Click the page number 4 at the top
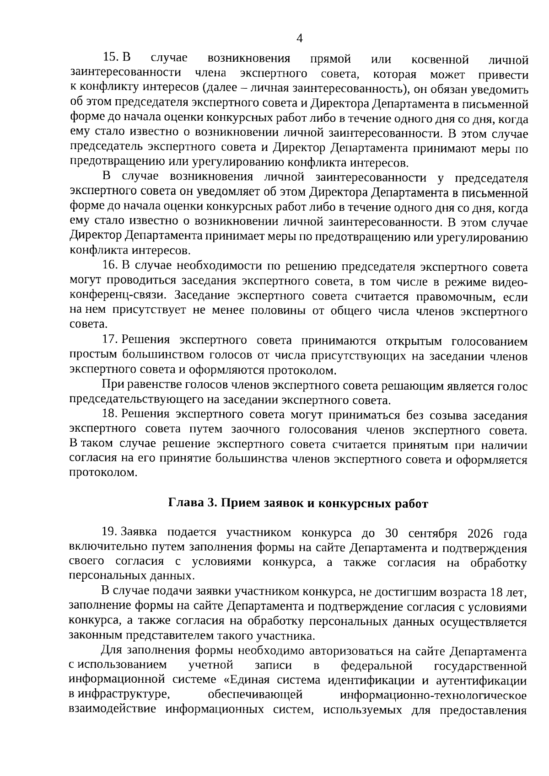300,38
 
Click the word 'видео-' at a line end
507,282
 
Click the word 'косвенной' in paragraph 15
440,59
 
